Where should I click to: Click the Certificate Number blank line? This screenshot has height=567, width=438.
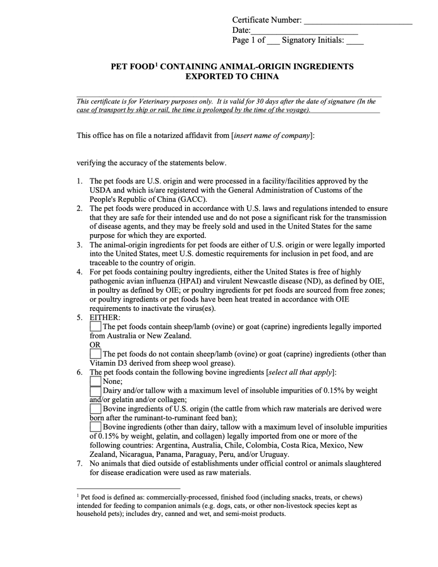point(358,21)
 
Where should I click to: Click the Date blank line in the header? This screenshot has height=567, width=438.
point(304,31)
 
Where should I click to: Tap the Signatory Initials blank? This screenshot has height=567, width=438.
point(355,41)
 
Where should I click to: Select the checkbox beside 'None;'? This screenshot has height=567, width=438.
point(95,381)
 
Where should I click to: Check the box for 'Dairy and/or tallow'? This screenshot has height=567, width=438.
point(95,391)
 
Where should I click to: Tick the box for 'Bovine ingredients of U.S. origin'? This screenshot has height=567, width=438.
point(95,409)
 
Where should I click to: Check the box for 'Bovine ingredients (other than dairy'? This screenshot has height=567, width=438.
point(95,427)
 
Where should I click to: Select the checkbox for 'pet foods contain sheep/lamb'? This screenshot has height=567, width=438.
point(95,326)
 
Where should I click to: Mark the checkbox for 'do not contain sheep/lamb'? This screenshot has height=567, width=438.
point(95,354)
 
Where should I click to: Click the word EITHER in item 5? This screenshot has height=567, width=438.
point(105,317)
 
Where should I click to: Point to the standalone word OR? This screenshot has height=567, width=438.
point(95,345)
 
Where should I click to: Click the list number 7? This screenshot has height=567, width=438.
point(80,463)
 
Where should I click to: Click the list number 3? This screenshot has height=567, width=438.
point(80,245)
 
